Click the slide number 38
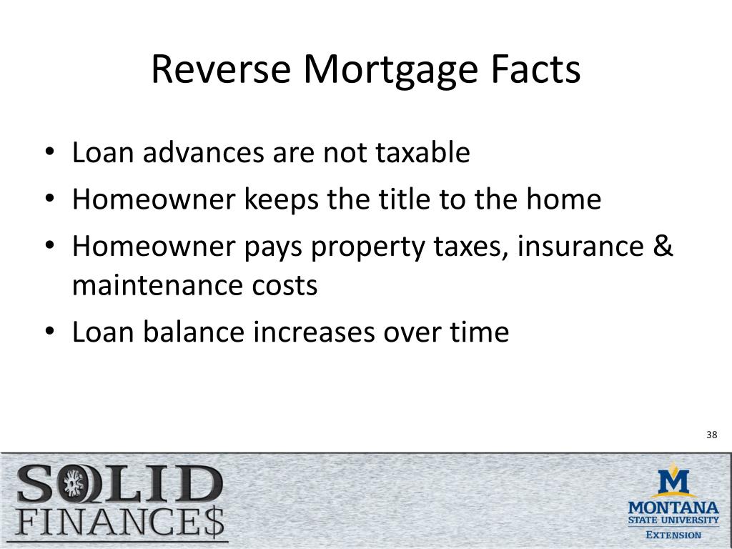[x=711, y=435]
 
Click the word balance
[x=194, y=332]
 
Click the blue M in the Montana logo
[x=673, y=482]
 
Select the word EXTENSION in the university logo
[x=673, y=535]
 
